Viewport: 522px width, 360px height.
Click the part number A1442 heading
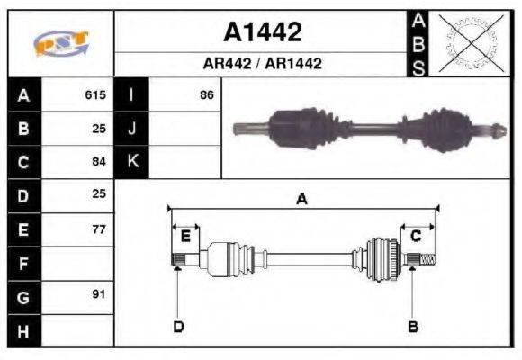[262, 33]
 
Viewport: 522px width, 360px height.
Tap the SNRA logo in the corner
[60, 44]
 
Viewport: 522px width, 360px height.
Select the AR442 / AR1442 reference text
[262, 64]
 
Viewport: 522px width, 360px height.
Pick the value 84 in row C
[99, 162]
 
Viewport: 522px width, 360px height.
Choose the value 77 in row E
[99, 229]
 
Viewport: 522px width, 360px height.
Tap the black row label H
[23, 330]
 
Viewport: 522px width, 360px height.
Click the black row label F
[23, 263]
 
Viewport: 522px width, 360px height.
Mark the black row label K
[132, 162]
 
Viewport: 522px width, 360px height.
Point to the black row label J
[132, 129]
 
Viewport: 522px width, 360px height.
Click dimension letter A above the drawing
[302, 200]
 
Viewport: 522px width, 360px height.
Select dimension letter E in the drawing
[185, 237]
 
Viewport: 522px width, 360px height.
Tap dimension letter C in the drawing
[416, 237]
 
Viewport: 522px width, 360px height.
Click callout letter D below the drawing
[178, 326]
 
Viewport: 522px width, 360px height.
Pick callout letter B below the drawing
[412, 326]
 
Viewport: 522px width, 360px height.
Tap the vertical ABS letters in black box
[418, 43]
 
